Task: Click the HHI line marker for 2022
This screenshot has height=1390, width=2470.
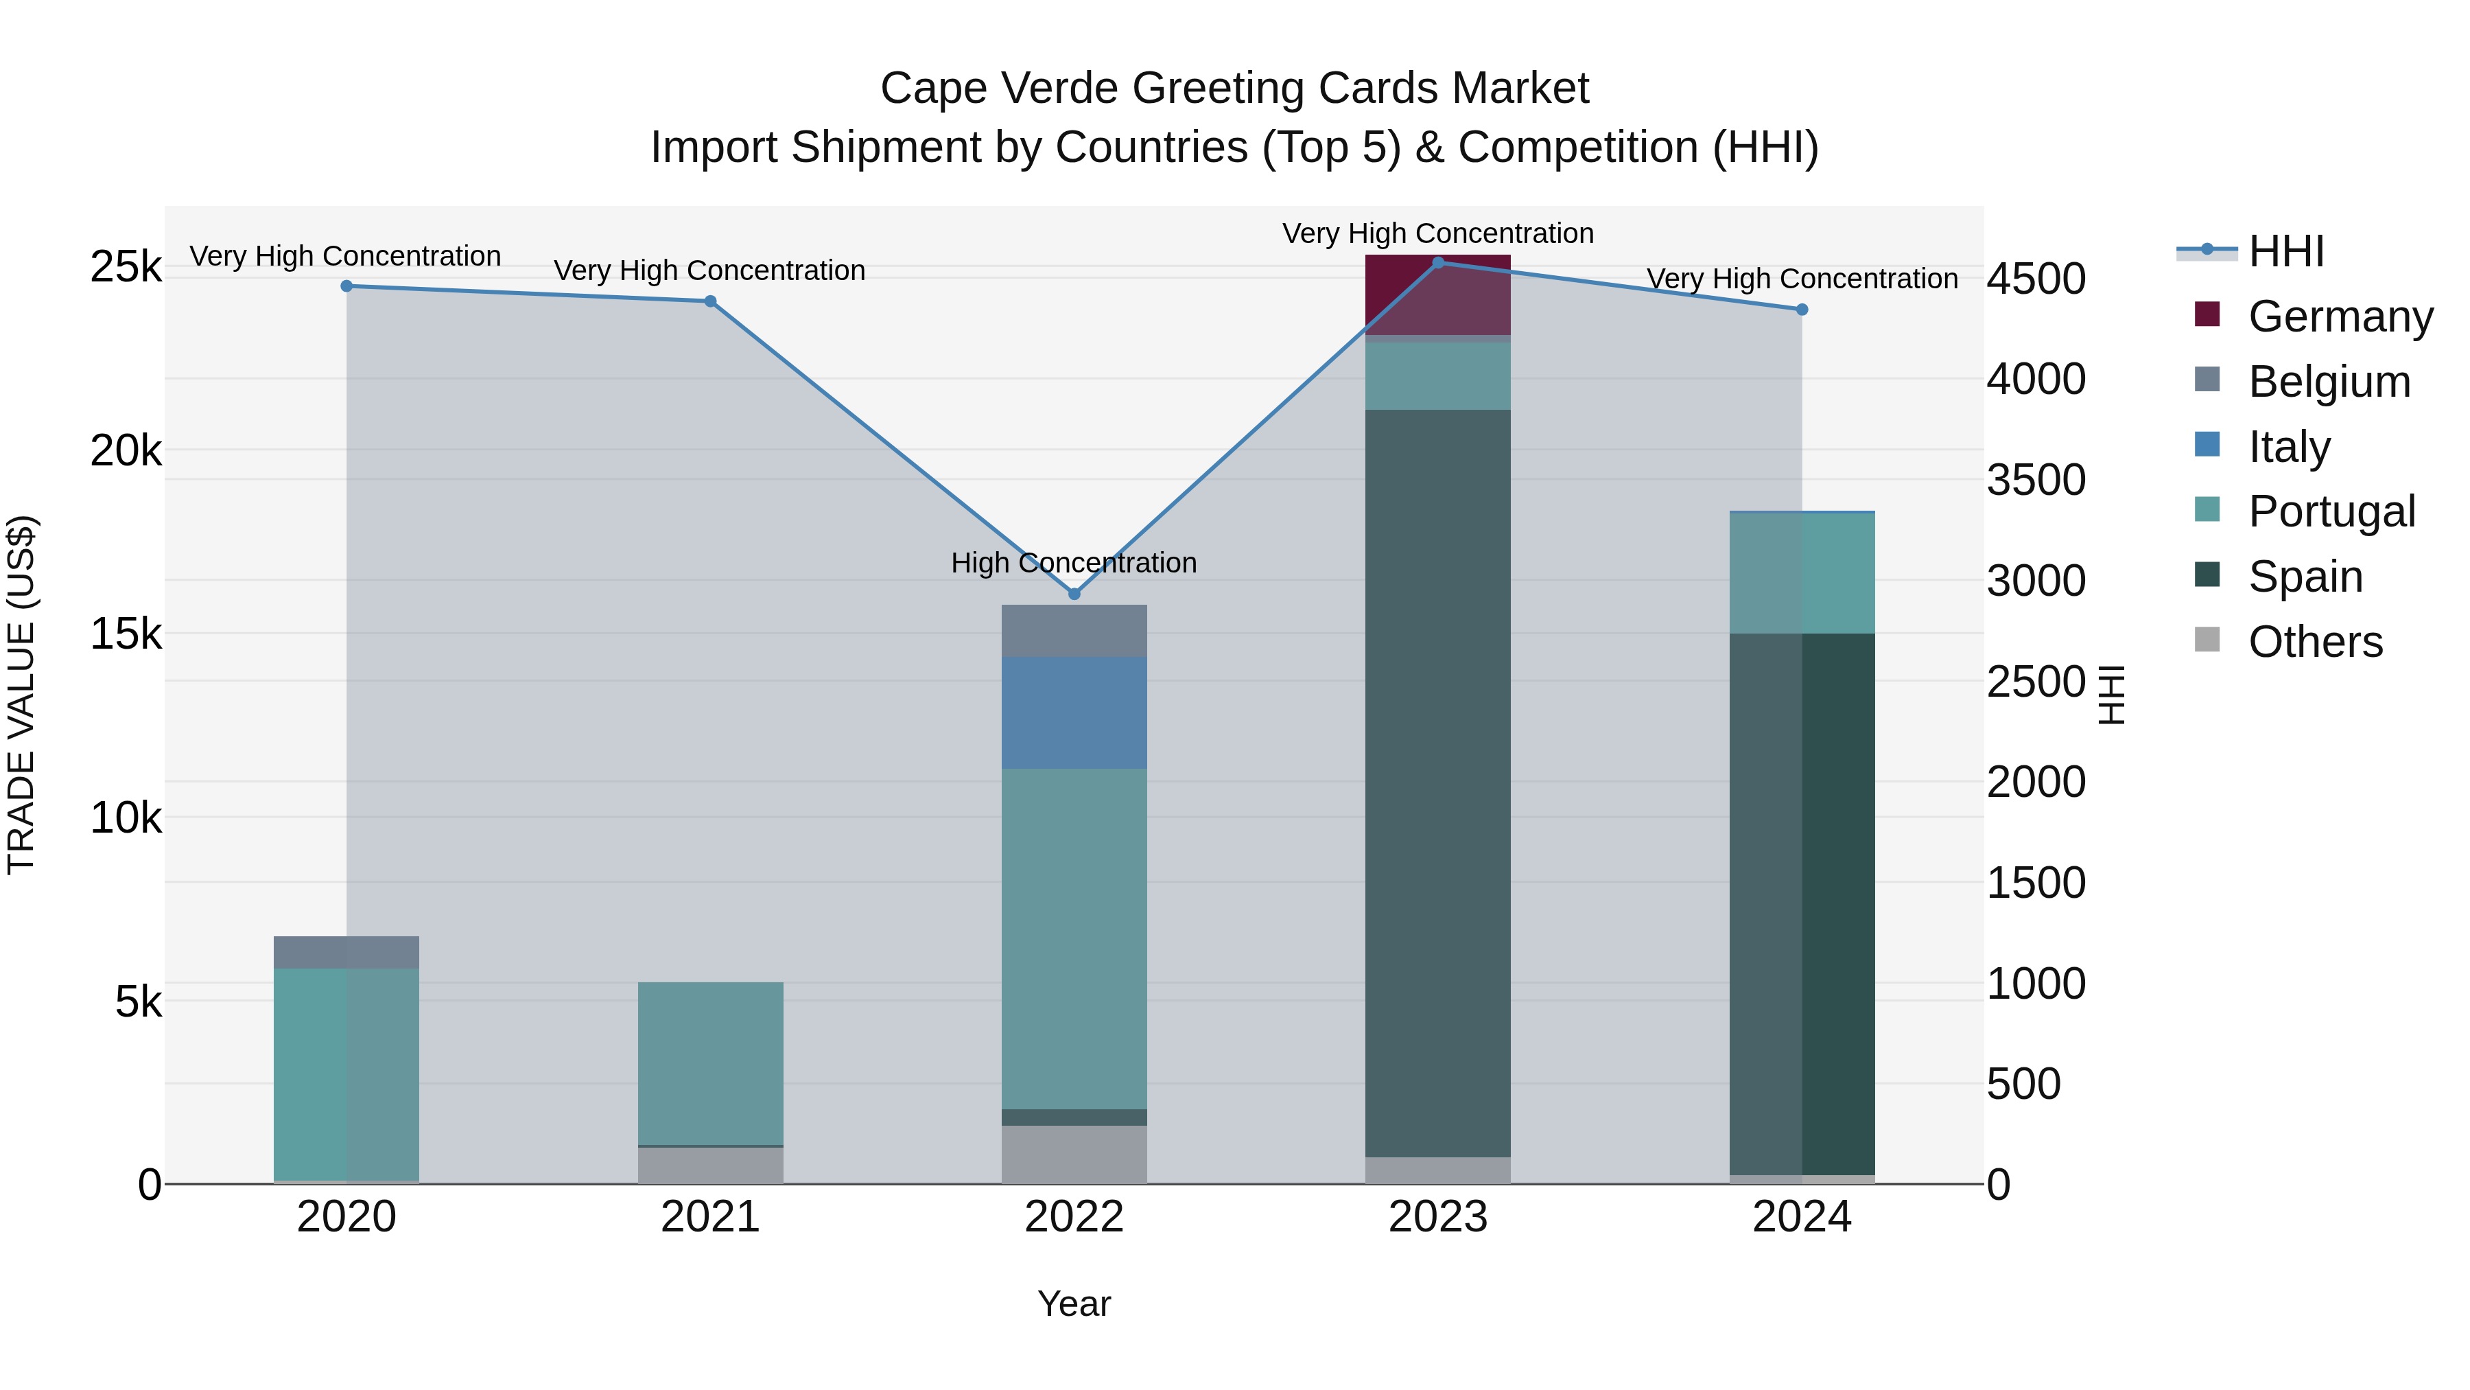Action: (x=1074, y=594)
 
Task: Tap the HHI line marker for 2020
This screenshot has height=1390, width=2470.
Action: (x=347, y=286)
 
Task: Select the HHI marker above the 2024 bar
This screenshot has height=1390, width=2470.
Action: (x=1802, y=310)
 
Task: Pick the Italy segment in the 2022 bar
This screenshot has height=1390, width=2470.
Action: (x=1074, y=713)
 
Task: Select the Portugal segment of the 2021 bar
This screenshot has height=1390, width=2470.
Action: (x=711, y=1063)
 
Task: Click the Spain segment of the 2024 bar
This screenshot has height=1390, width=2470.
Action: (x=1802, y=902)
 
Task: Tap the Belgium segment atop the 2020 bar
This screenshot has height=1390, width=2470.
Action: (x=346, y=951)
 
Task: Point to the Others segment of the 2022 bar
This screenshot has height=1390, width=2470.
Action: (x=1074, y=1154)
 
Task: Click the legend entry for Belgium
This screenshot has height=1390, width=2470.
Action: (x=2328, y=382)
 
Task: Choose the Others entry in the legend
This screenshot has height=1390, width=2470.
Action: (x=2315, y=642)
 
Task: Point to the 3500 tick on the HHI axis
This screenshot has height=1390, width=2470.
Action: (x=2035, y=480)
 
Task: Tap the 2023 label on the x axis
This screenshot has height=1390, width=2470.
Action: (x=1437, y=1217)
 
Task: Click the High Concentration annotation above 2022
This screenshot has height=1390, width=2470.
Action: (x=1074, y=563)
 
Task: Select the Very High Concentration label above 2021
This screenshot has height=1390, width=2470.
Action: (x=709, y=270)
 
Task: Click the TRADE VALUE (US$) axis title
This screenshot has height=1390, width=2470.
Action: (x=21, y=695)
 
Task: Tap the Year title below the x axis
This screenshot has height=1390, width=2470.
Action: (x=1074, y=1304)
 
